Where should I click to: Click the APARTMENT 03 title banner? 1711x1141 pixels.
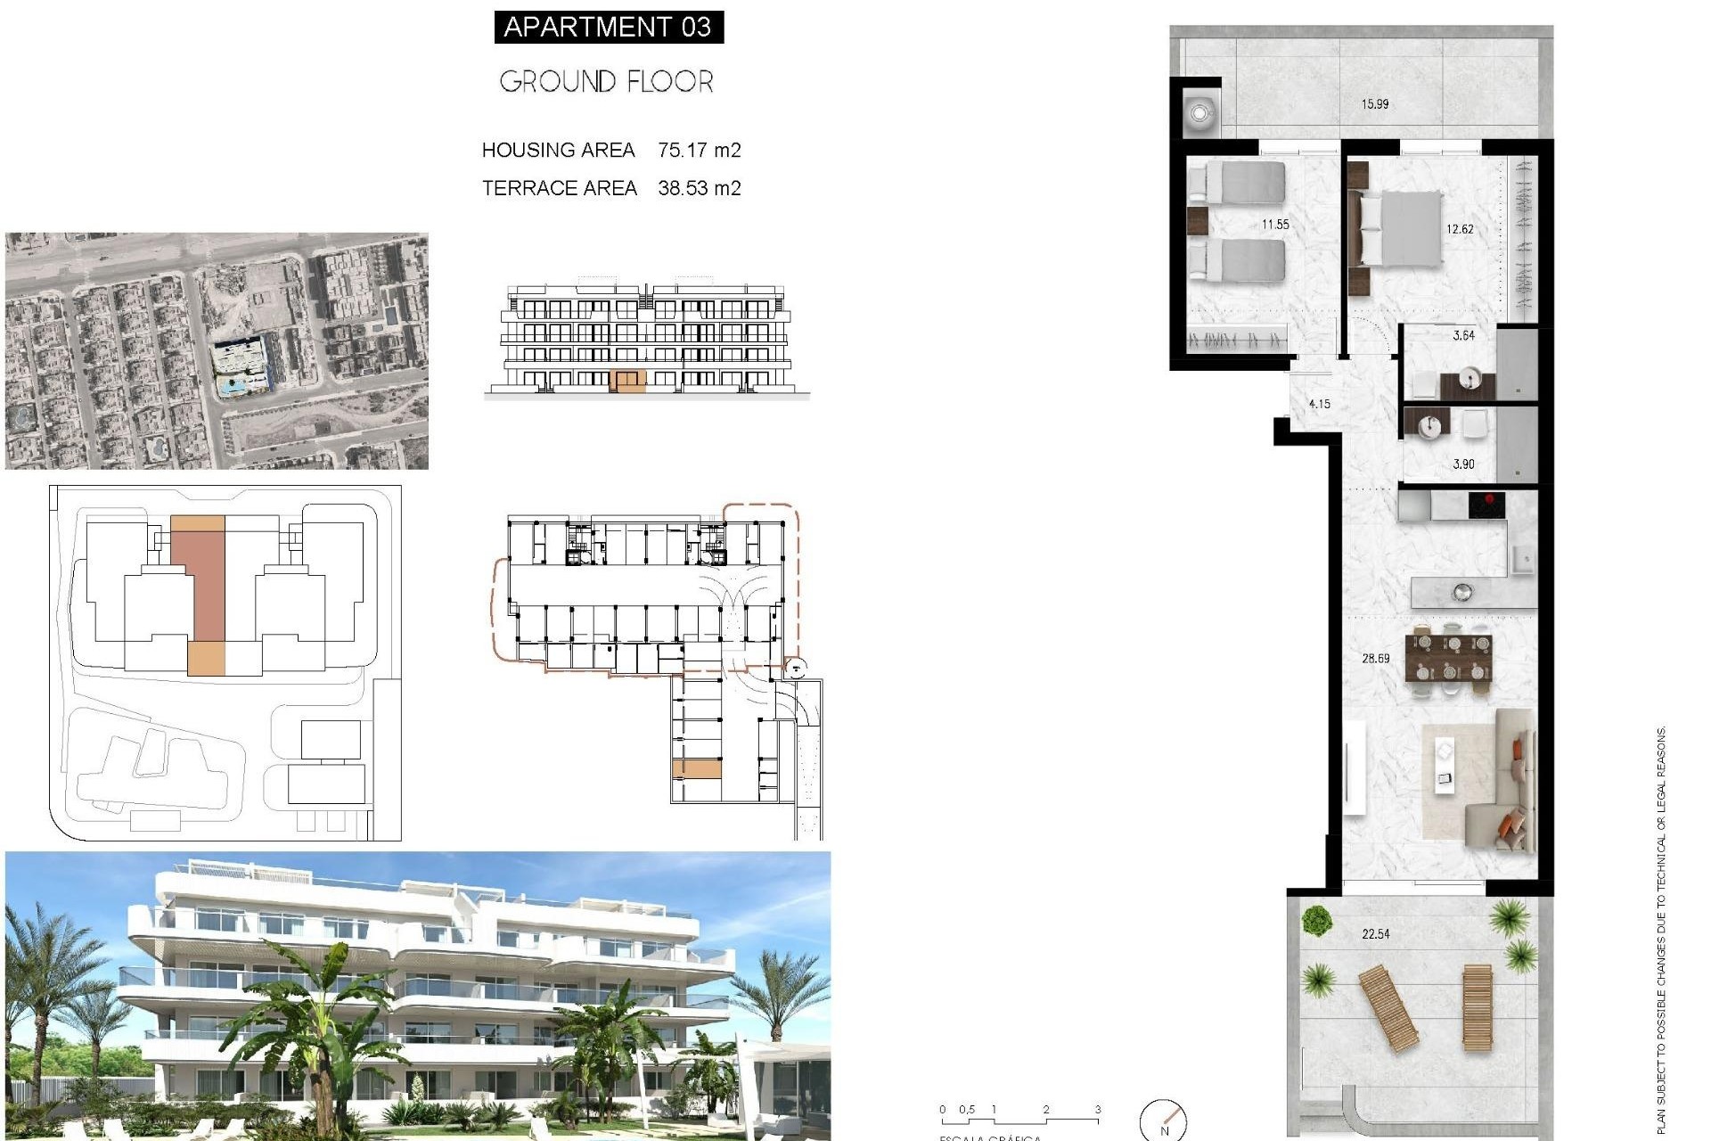(608, 27)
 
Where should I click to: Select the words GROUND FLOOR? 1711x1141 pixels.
(606, 82)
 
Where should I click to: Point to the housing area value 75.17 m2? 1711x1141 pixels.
(699, 150)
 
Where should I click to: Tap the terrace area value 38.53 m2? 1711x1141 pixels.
(699, 188)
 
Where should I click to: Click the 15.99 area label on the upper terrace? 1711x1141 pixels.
(1374, 104)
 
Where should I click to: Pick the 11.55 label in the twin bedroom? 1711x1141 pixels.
(1274, 225)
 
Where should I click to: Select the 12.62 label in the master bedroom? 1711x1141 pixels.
(1460, 229)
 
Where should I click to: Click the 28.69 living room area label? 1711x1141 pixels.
(1375, 659)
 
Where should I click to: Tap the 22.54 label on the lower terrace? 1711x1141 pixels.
(1375, 934)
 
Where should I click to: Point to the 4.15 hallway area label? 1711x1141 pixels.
(1319, 404)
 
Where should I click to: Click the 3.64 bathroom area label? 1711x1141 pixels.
(1463, 336)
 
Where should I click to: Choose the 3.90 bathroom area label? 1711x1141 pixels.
(1463, 464)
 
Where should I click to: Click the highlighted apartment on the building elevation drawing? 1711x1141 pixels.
(627, 382)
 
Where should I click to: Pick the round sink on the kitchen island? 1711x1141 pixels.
(1461, 590)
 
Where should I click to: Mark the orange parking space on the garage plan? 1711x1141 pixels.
(696, 768)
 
